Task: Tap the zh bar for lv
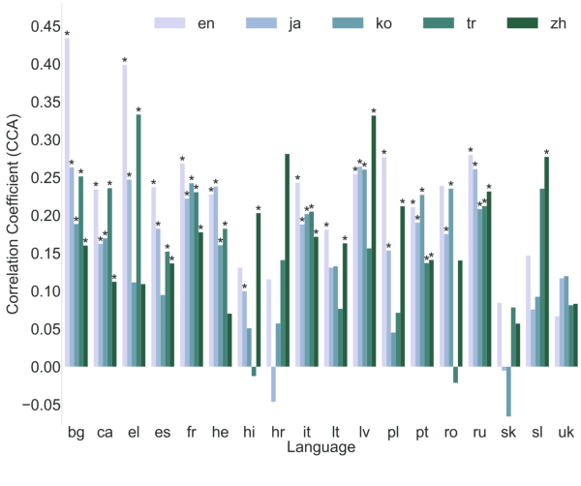[374, 242]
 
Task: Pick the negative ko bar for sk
[508, 392]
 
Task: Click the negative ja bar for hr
[274, 384]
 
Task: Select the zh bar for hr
[288, 260]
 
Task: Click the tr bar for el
[138, 241]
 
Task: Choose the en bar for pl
[383, 261]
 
